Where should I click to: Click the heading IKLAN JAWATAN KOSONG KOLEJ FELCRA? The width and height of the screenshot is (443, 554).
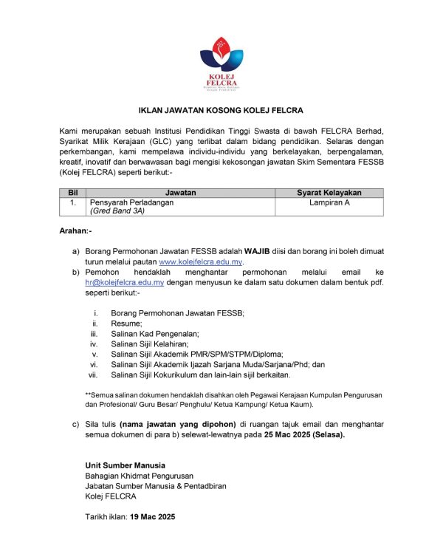click(x=221, y=111)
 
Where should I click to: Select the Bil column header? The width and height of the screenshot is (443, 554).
click(x=72, y=193)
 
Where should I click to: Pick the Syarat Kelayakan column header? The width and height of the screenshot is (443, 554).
click(x=329, y=193)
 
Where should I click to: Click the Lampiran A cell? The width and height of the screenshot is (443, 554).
click(x=329, y=202)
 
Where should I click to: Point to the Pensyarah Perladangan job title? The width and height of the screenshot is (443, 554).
click(x=131, y=202)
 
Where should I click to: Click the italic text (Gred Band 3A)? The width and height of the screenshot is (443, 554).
click(x=117, y=211)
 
